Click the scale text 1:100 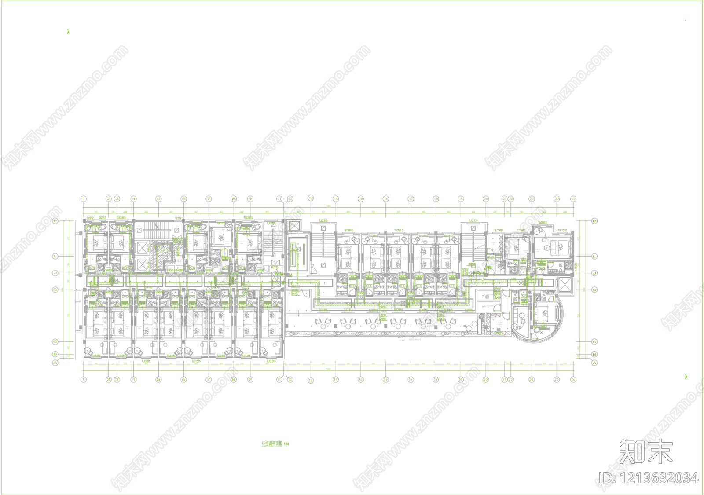(x=287, y=444)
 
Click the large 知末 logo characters (x=646, y=451)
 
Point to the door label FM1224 (x=275, y=268)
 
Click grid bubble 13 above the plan (x=311, y=198)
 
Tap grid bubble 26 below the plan (x=573, y=379)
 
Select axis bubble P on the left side (x=55, y=221)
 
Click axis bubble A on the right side (x=594, y=363)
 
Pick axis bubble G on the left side (x=55, y=290)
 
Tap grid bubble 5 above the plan (x=158, y=199)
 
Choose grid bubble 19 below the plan (x=461, y=379)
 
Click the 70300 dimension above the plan (x=328, y=206)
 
